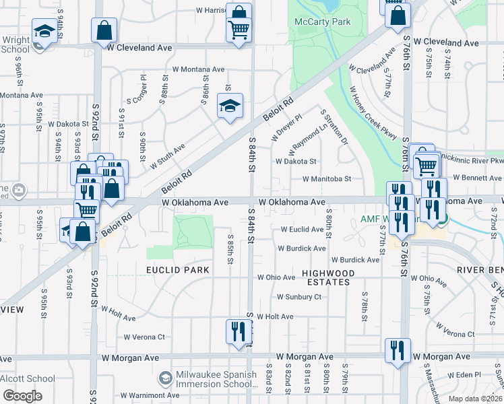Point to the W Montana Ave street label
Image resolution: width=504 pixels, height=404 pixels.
(198, 69)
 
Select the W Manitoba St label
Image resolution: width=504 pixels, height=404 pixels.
(327, 179)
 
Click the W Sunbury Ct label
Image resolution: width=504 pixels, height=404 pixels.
(299, 297)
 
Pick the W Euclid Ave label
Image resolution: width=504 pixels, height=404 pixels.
(302, 230)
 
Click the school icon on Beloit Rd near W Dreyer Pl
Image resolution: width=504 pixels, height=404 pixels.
(230, 106)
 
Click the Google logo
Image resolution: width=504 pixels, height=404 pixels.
(22, 396)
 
